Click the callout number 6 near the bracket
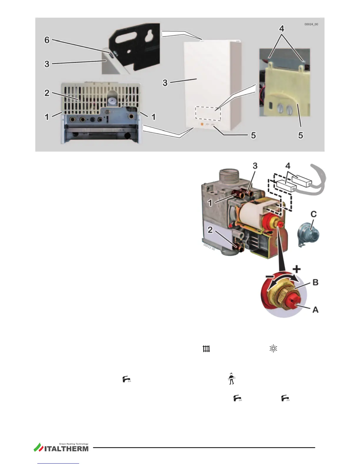pos(47,40)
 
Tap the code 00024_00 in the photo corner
pos(311,24)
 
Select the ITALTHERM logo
pos(61,447)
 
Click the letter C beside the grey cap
pos(314,214)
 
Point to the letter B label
pos(315,282)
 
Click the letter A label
pos(315,309)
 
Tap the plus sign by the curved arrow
pos(297,269)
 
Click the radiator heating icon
pos(206,349)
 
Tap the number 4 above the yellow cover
pos(282,29)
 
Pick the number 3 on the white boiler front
pos(165,83)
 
